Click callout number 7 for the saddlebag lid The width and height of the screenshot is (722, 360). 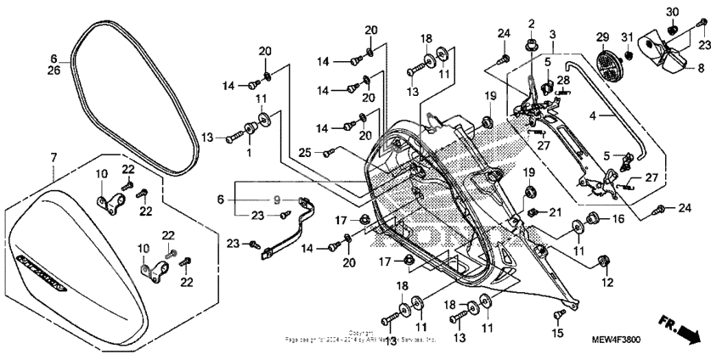tap(54, 158)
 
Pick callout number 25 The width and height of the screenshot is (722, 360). tap(303, 152)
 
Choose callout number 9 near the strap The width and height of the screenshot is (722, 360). tap(276, 200)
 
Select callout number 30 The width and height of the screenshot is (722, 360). tap(671, 12)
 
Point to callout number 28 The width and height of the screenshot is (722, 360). tap(563, 80)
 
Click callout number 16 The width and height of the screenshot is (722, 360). tap(618, 218)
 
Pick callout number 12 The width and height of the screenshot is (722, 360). tap(606, 282)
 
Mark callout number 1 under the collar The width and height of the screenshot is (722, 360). tap(249, 152)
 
